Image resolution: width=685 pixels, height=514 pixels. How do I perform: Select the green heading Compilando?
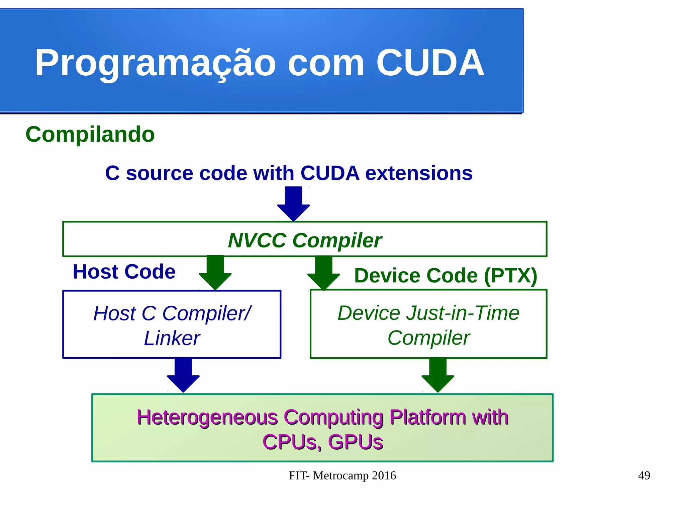90,134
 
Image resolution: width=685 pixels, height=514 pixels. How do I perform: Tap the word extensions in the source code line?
419,173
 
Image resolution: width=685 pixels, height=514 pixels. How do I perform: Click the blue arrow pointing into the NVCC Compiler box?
293,203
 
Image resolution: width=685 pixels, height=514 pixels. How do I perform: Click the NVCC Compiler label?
304,240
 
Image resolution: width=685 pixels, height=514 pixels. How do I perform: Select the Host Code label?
124,271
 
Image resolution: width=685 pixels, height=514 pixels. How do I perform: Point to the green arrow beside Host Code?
215,272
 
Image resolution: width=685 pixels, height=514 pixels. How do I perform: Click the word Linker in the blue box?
172,338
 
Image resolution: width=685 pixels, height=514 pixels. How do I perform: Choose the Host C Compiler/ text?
172,313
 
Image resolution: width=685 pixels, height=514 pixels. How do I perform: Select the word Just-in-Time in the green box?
463,313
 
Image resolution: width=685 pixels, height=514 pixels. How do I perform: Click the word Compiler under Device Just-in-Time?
428,338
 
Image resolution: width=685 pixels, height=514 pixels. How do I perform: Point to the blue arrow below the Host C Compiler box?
183,374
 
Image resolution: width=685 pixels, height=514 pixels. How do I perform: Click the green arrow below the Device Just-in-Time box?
438,374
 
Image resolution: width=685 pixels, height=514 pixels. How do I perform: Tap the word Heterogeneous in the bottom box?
207,417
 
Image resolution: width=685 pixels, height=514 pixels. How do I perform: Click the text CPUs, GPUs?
322,442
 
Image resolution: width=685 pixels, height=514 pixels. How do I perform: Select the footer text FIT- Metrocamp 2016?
342,475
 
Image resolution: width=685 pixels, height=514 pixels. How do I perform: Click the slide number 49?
644,475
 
